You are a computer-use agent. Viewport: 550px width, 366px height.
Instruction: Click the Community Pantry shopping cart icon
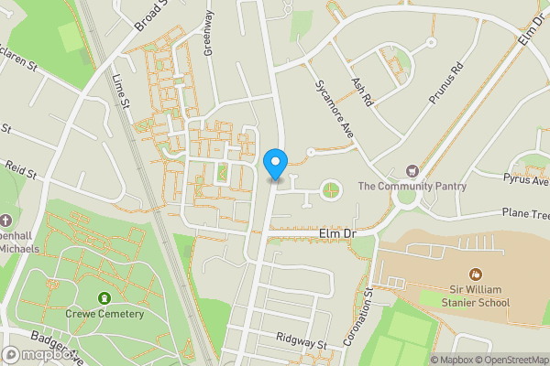[412, 171]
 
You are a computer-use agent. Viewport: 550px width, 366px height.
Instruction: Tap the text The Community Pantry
[412, 187]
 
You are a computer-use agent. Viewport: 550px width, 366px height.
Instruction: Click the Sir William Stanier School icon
[475, 274]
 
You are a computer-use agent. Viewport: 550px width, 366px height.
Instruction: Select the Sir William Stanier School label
[475, 295]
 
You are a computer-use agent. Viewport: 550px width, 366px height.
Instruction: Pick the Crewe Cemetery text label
[104, 314]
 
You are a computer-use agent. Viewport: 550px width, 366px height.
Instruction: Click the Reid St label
[18, 169]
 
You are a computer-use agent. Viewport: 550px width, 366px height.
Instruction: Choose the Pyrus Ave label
[525, 180]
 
